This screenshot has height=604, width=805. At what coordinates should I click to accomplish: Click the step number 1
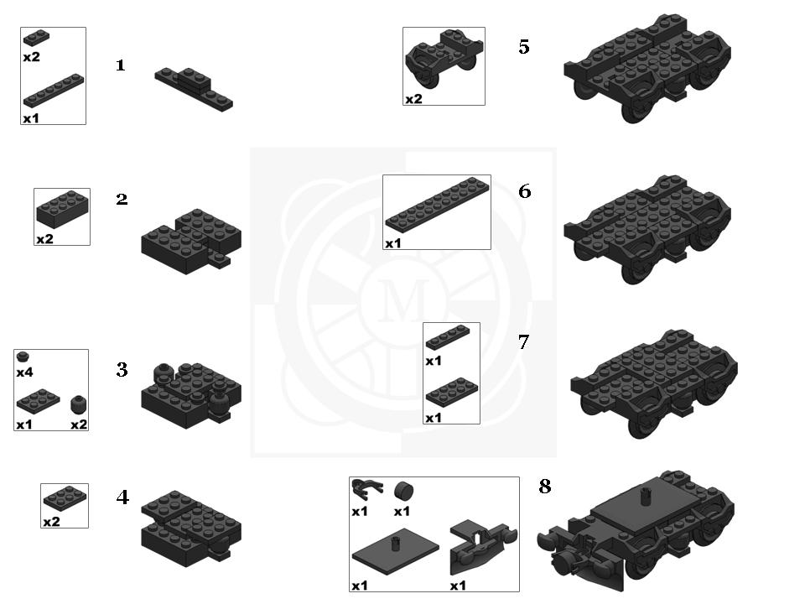[121, 65]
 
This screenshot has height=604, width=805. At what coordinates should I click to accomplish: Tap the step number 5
[523, 47]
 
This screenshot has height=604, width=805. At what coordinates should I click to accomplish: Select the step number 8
[545, 486]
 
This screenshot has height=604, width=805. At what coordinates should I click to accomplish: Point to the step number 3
[122, 369]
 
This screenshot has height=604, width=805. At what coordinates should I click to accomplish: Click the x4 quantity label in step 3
[24, 372]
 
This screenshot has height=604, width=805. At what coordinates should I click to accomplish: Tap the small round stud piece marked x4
[23, 357]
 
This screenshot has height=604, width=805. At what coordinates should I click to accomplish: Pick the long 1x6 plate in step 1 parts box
[54, 91]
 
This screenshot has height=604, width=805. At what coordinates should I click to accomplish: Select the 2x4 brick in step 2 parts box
[61, 209]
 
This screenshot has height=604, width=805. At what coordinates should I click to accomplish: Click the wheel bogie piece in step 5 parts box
[444, 60]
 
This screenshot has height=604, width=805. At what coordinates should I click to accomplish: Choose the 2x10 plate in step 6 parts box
[437, 203]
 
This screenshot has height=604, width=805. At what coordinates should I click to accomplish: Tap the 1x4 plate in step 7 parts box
[448, 337]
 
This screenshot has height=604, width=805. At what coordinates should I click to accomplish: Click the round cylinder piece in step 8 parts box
[404, 491]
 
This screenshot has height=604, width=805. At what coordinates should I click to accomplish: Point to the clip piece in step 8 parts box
[366, 488]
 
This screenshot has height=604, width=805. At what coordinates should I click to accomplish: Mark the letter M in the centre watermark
[403, 301]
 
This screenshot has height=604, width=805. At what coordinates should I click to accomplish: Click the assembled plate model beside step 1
[194, 89]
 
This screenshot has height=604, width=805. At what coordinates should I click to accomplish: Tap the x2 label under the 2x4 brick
[44, 239]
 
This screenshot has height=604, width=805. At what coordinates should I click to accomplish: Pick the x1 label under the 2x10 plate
[392, 243]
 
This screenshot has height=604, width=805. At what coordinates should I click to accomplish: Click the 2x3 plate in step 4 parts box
[65, 498]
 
